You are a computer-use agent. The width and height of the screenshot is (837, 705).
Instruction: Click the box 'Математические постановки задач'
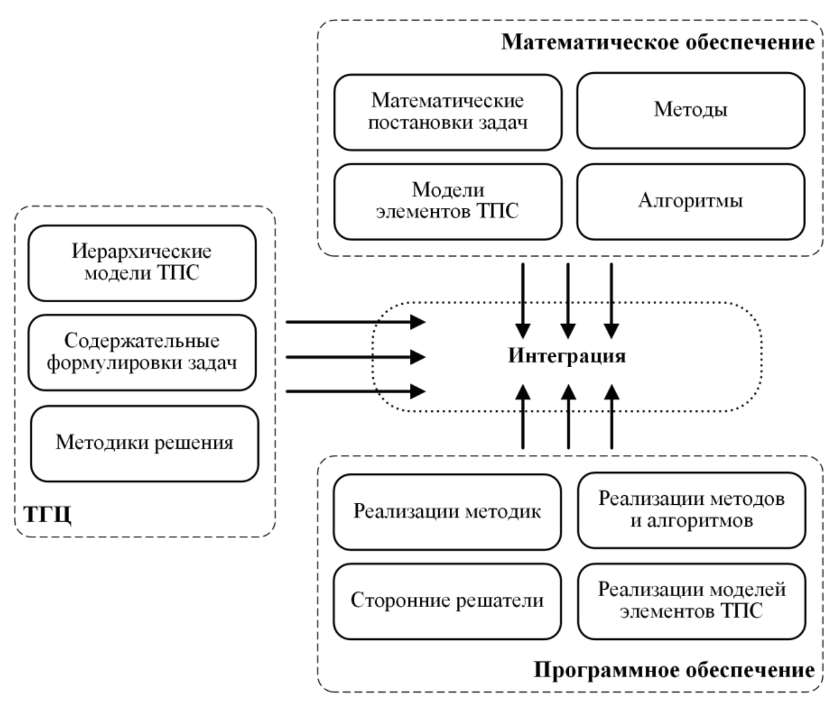click(447, 112)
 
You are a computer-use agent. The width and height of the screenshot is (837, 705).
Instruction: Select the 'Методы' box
click(690, 111)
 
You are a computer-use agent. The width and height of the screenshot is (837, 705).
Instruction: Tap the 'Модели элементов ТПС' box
click(447, 201)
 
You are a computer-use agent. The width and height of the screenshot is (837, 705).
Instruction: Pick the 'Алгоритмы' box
click(690, 201)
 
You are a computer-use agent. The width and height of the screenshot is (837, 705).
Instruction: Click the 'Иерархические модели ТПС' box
click(142, 263)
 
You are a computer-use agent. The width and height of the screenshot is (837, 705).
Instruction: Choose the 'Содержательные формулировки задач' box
click(142, 352)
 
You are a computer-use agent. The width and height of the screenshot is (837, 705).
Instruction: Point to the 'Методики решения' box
click(144, 444)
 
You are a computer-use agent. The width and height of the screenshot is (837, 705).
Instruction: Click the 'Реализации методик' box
click(447, 511)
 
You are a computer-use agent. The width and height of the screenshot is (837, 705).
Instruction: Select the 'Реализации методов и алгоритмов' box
click(691, 510)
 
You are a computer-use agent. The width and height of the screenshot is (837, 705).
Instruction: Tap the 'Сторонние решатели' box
click(447, 601)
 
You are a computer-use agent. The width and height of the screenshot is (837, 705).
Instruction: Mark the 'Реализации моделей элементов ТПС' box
click(691, 601)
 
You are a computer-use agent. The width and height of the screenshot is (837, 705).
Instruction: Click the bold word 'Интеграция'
click(567, 356)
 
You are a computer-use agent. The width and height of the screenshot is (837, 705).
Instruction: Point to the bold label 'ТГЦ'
click(48, 515)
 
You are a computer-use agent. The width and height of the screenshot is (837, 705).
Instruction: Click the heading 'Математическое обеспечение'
click(658, 42)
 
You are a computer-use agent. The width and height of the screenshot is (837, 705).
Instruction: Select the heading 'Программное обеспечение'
click(674, 670)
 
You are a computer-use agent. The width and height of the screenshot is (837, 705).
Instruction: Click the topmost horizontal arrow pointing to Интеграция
click(355, 322)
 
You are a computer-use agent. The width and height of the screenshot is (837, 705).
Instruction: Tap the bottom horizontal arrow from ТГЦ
click(355, 391)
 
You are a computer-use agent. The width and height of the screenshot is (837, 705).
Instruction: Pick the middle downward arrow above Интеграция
click(568, 301)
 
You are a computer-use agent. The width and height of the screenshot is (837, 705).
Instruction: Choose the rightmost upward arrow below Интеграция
click(612, 418)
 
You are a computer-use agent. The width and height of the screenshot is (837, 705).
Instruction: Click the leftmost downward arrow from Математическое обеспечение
click(523, 301)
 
